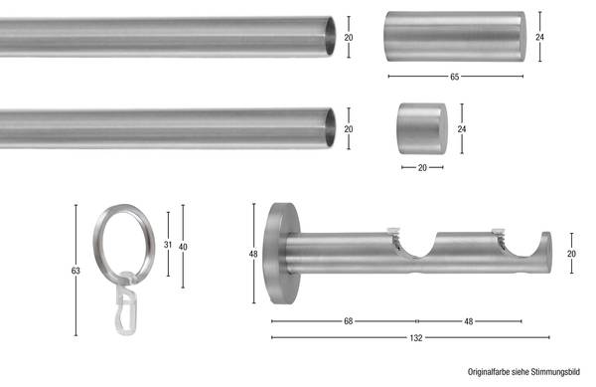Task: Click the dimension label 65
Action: (x=455, y=77)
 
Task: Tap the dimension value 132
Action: (x=416, y=338)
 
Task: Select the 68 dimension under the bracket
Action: (x=349, y=321)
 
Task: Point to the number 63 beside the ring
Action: (x=75, y=271)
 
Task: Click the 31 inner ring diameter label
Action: (x=168, y=245)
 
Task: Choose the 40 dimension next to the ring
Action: (x=183, y=247)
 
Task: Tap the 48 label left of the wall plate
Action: (x=253, y=254)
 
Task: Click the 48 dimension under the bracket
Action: (x=469, y=321)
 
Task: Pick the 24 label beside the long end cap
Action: (x=539, y=37)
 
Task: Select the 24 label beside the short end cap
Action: (x=462, y=129)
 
